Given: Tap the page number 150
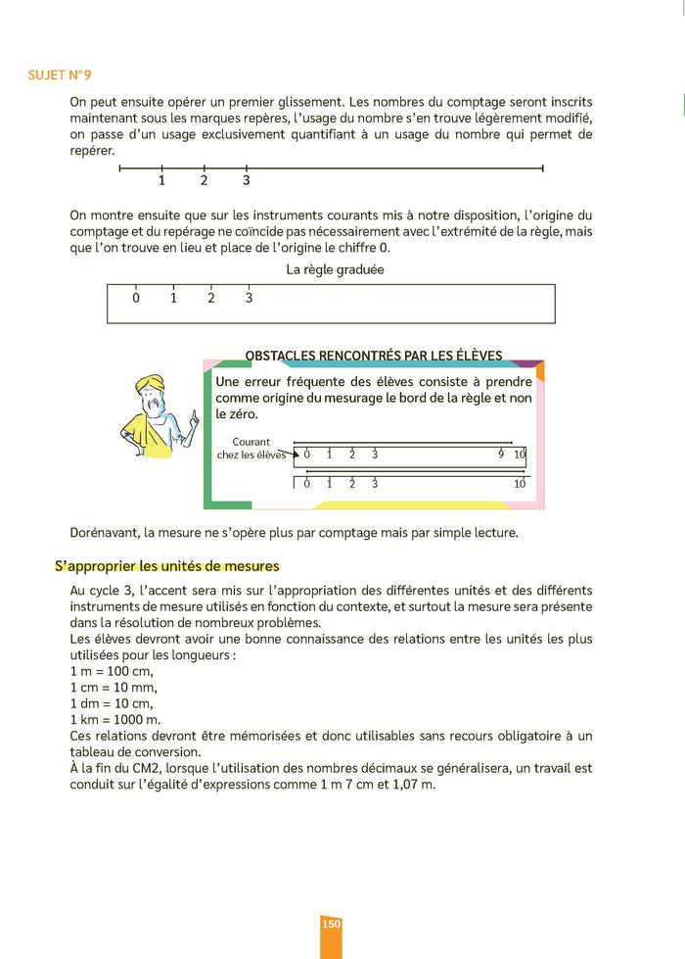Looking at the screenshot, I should pyautogui.click(x=331, y=924).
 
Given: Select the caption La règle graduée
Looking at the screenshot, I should pyautogui.click(x=335, y=269).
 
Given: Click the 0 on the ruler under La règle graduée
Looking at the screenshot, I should pyautogui.click(x=136, y=298).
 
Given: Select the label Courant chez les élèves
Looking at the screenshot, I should pyautogui.click(x=251, y=448).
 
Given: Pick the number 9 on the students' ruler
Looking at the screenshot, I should pyautogui.click(x=501, y=454).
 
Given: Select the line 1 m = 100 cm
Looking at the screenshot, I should pyautogui.click(x=113, y=672).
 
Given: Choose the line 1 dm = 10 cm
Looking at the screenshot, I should pyautogui.click(x=112, y=703).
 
